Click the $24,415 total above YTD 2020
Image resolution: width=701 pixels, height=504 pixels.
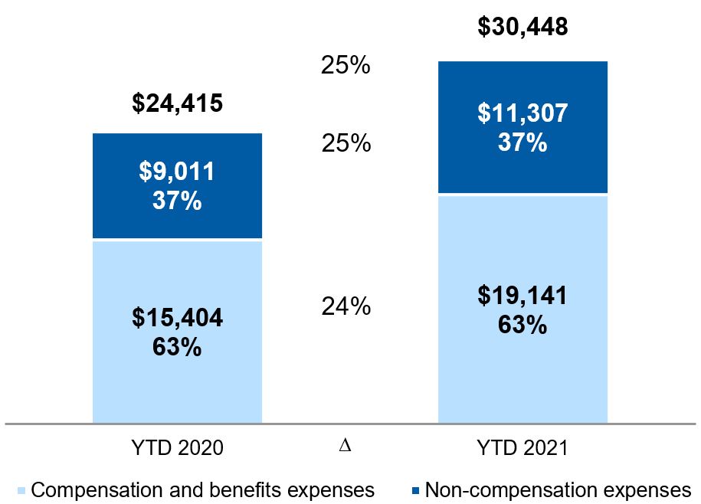177,103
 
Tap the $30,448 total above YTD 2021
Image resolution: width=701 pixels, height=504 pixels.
522,26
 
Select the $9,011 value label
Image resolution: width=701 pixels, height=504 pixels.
177,171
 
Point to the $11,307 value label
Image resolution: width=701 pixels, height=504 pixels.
522,113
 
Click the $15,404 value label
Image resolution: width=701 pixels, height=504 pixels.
177,318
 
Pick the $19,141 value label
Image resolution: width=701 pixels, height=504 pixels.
522,296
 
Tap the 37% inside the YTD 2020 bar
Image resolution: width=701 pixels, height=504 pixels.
177,200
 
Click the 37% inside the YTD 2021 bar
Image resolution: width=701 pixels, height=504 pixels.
522,142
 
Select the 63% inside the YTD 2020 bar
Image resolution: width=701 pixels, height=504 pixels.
177,347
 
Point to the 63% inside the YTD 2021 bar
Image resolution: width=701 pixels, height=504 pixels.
522,325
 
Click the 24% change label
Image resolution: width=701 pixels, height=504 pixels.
346,306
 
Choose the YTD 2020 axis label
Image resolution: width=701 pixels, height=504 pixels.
178,447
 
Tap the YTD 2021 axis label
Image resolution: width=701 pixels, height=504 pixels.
522,447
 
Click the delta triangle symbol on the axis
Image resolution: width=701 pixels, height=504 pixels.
345,446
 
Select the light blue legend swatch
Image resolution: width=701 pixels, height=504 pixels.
21,490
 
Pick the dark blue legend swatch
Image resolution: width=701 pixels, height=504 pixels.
415,490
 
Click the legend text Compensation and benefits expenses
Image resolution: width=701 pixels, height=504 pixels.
202,490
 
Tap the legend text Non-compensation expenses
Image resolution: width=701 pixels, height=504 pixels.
559,490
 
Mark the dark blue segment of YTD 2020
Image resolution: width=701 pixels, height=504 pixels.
177,186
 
